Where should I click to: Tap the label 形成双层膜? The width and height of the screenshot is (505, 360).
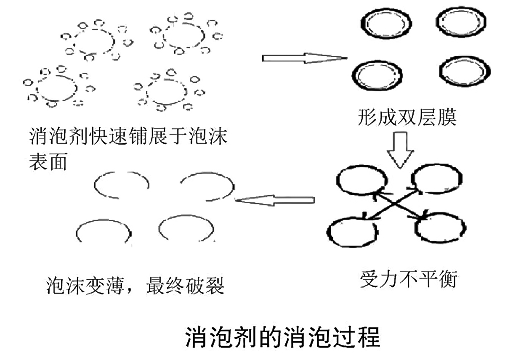407,118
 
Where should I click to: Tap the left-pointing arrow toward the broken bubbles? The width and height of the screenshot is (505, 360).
275,200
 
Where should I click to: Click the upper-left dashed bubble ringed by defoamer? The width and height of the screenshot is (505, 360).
94,41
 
